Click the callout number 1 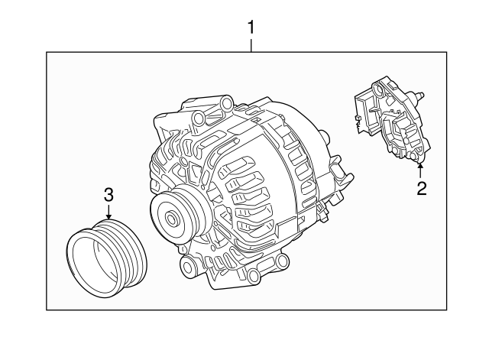251,28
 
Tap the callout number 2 421,189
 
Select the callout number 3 108,195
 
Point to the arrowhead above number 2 420,166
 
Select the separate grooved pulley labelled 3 107,258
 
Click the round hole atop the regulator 377,89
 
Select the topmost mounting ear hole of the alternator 228,102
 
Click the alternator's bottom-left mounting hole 187,266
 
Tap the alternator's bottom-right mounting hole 282,260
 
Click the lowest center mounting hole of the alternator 254,275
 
